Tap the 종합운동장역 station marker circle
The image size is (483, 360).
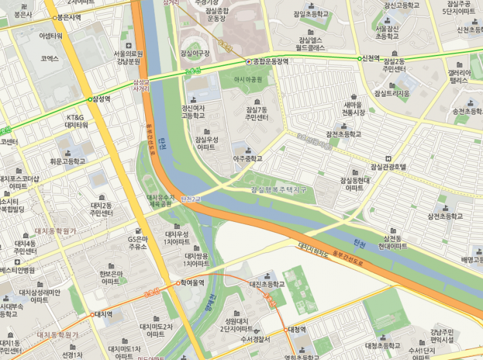pos(249,62)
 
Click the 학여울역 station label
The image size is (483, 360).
pos(192,283)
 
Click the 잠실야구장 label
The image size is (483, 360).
pos(195,53)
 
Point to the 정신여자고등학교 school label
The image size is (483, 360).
pos(193,112)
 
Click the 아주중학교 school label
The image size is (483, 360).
pos(248,157)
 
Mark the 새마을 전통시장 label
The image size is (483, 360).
pos(353,108)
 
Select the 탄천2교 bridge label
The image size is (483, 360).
pos(192,198)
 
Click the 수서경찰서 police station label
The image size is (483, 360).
pos(254,339)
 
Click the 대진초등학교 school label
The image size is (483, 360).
pos(266,284)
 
